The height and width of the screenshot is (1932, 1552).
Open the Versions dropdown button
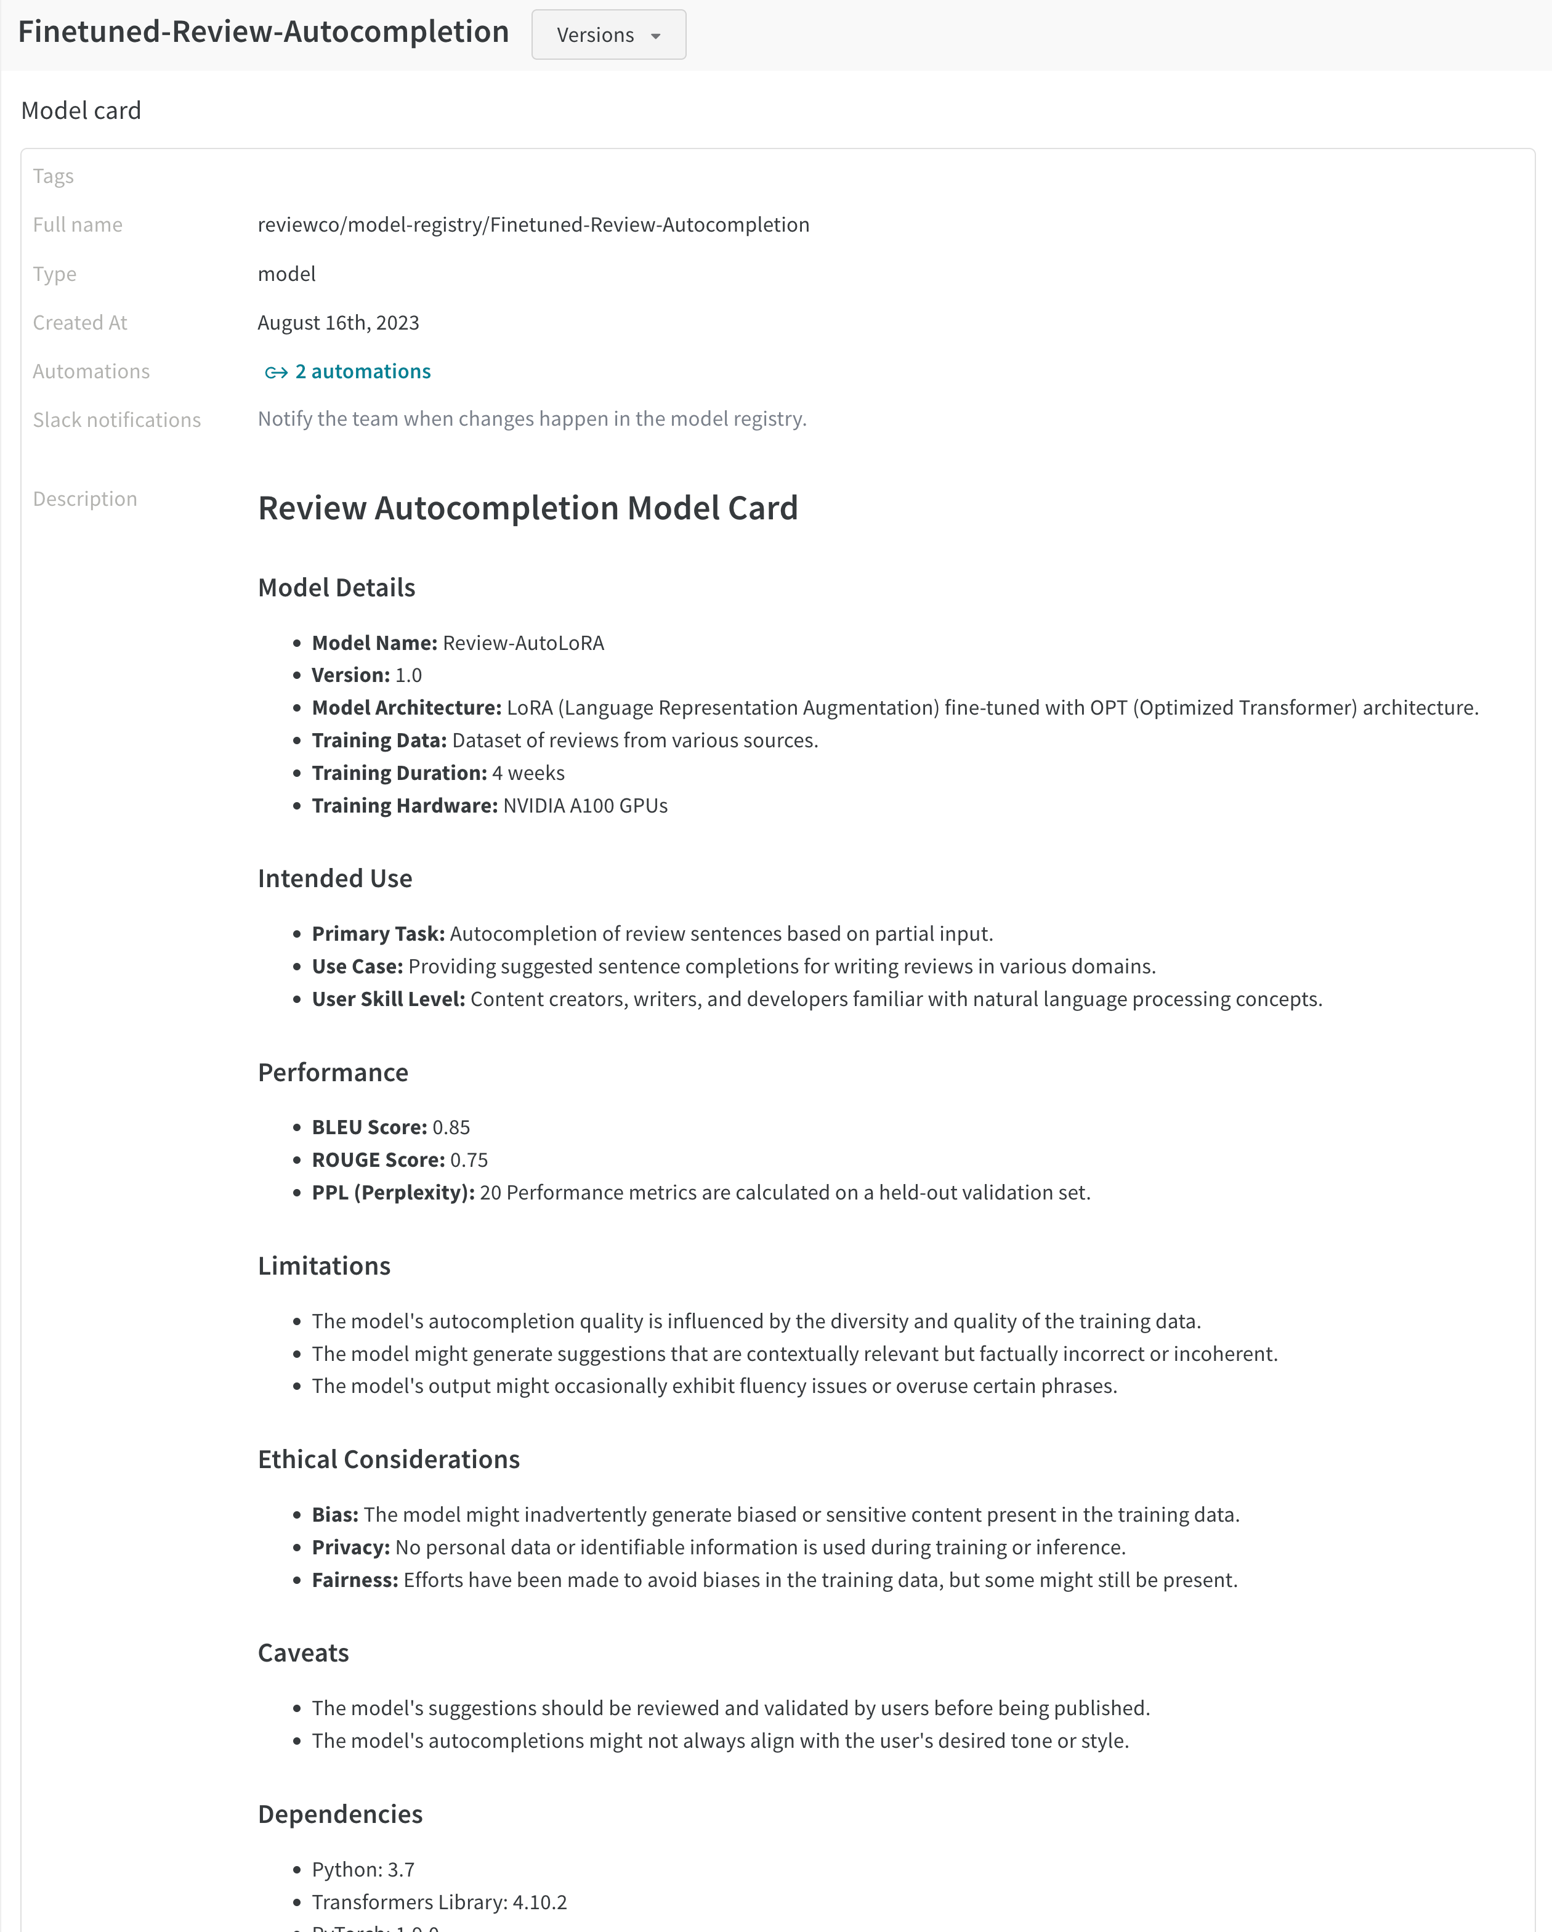click(x=608, y=35)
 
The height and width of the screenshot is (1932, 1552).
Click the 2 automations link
click(x=362, y=371)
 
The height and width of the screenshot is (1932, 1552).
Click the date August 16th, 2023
click(x=338, y=323)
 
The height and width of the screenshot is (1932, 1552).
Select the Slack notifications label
click(x=116, y=420)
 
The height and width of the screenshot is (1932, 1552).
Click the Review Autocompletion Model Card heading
click(x=527, y=508)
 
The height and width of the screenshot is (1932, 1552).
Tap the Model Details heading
click(x=336, y=588)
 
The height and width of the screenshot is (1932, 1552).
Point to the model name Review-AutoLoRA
click(x=523, y=643)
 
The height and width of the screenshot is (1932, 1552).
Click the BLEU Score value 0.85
click(x=451, y=1127)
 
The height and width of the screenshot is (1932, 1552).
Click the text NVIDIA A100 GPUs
click(x=585, y=806)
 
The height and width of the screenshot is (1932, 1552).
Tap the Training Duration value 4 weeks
click(x=528, y=773)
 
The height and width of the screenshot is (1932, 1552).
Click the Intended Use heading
click(x=334, y=878)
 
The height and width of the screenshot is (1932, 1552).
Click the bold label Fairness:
click(x=354, y=1580)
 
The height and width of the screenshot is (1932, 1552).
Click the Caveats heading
click(x=303, y=1654)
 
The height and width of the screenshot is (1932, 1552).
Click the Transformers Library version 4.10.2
click(x=540, y=1902)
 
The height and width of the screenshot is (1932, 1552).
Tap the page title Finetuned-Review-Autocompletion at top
click(x=264, y=32)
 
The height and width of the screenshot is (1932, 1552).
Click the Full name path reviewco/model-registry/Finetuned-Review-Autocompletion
click(x=533, y=225)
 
